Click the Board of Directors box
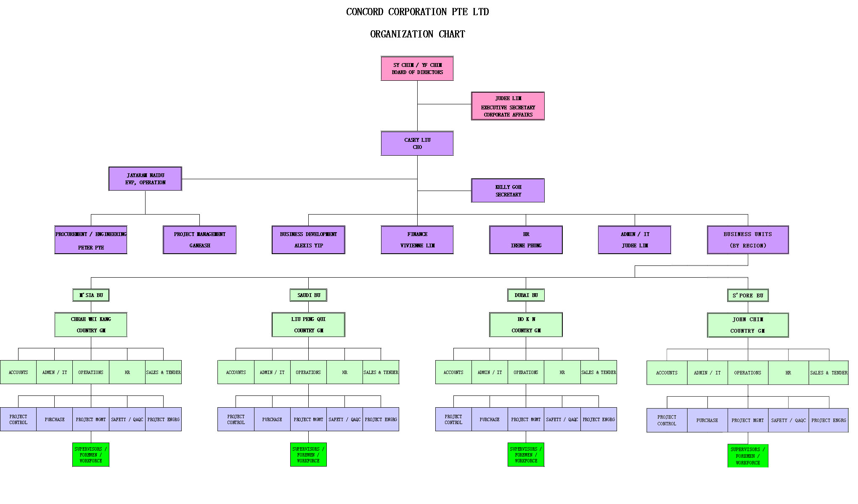point(417,69)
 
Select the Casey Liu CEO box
point(417,143)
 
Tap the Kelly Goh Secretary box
point(508,191)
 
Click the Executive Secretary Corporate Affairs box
point(508,106)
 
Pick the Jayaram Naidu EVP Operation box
point(145,179)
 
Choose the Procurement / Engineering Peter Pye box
point(91,240)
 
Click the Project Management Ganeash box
point(199,240)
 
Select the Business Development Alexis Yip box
point(308,240)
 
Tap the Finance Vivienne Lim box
point(417,240)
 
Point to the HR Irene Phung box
point(526,240)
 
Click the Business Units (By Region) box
point(747,240)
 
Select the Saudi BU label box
point(308,295)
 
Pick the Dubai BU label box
point(526,295)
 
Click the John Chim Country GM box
point(747,325)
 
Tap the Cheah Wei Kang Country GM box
point(91,325)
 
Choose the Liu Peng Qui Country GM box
point(308,325)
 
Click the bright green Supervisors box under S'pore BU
point(747,456)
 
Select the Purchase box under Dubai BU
point(490,419)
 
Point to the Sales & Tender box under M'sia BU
point(163,372)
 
